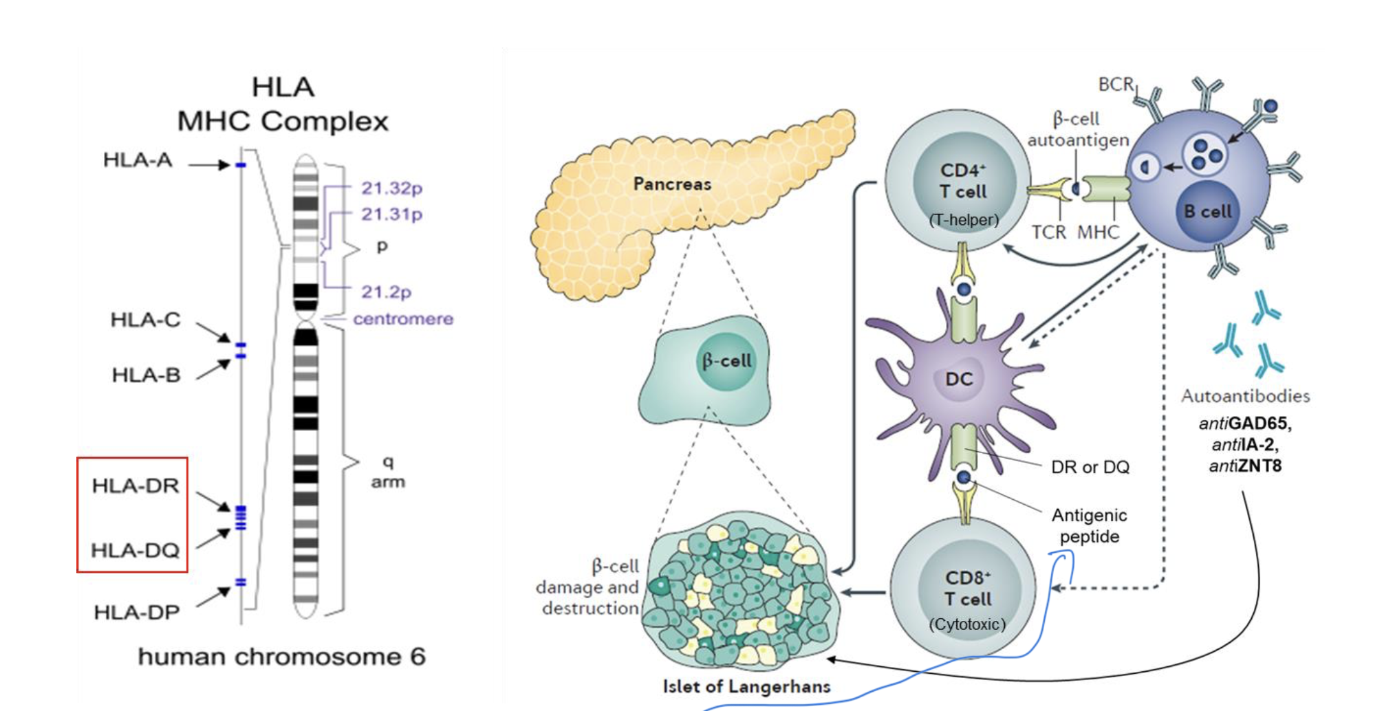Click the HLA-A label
point(138,160)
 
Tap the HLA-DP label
point(137,612)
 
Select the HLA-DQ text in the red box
point(135,550)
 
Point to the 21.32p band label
point(391,188)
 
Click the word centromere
point(403,319)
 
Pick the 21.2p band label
point(386,292)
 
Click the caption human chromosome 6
point(281,657)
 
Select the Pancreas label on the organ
point(672,184)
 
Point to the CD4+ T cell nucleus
point(963,182)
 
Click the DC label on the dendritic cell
point(959,379)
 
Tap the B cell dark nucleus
point(1207,212)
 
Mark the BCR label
point(1115,85)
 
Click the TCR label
point(1048,232)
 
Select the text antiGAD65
point(1245,424)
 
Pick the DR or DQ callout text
point(1090,468)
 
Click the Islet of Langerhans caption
point(746,686)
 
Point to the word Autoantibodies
point(1245,396)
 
